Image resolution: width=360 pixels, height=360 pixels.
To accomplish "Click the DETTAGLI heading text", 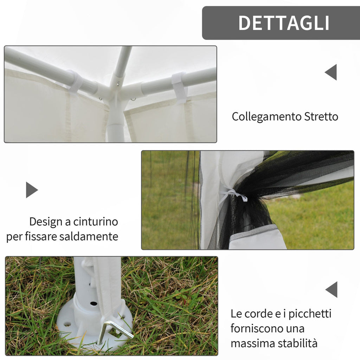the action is click(x=284, y=23).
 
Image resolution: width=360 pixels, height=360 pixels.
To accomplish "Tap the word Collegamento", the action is click(x=266, y=117).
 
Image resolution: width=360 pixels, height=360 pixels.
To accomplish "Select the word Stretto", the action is click(x=321, y=116).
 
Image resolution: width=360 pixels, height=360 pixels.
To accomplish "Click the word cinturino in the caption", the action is click(x=96, y=222).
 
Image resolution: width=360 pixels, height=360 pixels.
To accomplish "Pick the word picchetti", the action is click(x=310, y=314).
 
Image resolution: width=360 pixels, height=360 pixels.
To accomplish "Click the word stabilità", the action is click(x=297, y=343).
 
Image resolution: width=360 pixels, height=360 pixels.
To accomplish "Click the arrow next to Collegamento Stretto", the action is click(x=331, y=72).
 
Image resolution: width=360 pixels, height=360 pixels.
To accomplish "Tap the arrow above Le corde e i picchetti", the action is click(x=331, y=290).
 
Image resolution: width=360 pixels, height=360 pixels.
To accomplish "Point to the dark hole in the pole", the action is click(x=94, y=303).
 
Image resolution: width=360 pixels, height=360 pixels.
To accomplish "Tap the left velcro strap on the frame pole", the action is click(x=75, y=82).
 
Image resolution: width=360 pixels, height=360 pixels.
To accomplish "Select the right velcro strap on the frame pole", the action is click(x=180, y=87).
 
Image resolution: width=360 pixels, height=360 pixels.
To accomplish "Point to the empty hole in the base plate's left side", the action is click(x=67, y=324).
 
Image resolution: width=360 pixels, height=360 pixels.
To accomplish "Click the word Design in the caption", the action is click(x=46, y=222).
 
